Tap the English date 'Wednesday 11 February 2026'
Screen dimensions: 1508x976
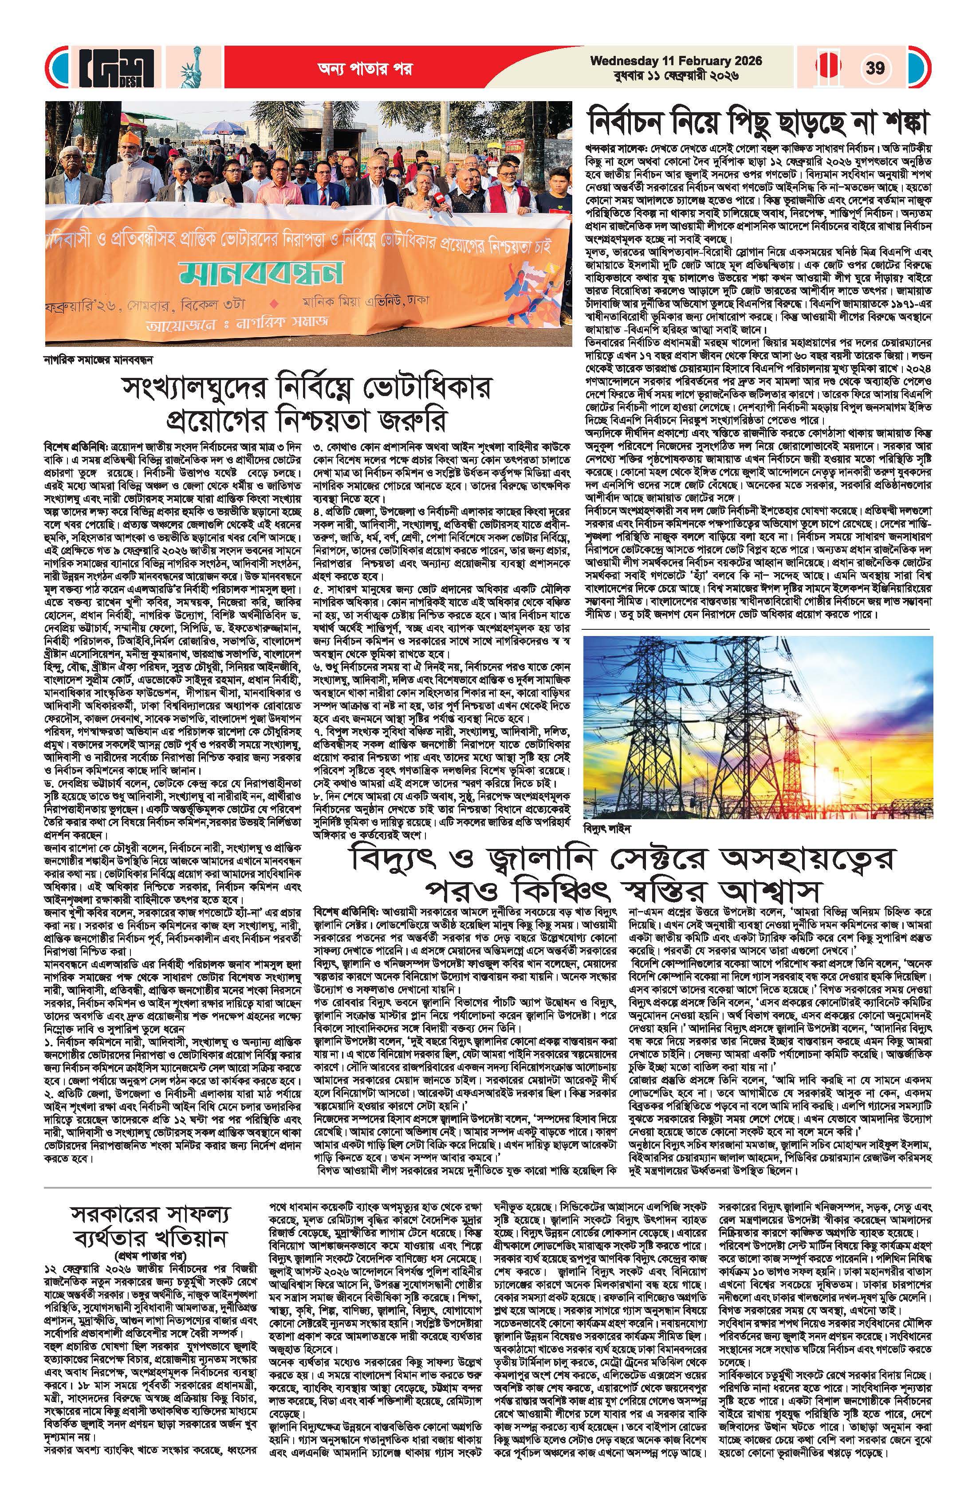click(676, 61)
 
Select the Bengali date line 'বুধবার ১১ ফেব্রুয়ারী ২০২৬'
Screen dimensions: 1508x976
click(676, 76)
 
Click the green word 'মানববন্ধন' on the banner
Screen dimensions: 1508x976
click(261, 271)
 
